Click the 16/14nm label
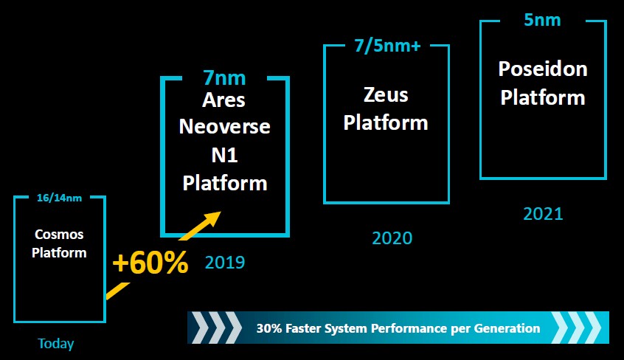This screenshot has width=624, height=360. click(59, 198)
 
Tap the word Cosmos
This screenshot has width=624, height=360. click(59, 234)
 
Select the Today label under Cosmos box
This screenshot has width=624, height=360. click(56, 344)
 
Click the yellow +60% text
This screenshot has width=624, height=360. click(150, 263)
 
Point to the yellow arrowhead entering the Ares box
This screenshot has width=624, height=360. click(212, 219)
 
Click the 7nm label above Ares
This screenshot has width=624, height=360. click(224, 78)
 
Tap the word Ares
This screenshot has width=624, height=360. click(223, 100)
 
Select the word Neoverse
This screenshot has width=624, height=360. click(224, 127)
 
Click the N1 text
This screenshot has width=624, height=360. click(224, 155)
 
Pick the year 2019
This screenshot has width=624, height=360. click(225, 263)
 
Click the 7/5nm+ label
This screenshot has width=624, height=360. click(388, 46)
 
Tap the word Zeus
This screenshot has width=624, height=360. click(386, 95)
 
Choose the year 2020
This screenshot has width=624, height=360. click(392, 238)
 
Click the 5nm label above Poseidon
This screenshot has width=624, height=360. click(542, 20)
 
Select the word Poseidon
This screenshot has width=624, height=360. click(543, 69)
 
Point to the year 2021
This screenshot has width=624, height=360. click(543, 214)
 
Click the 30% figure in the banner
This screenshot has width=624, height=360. click(269, 328)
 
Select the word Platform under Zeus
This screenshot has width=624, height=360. click(386, 122)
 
